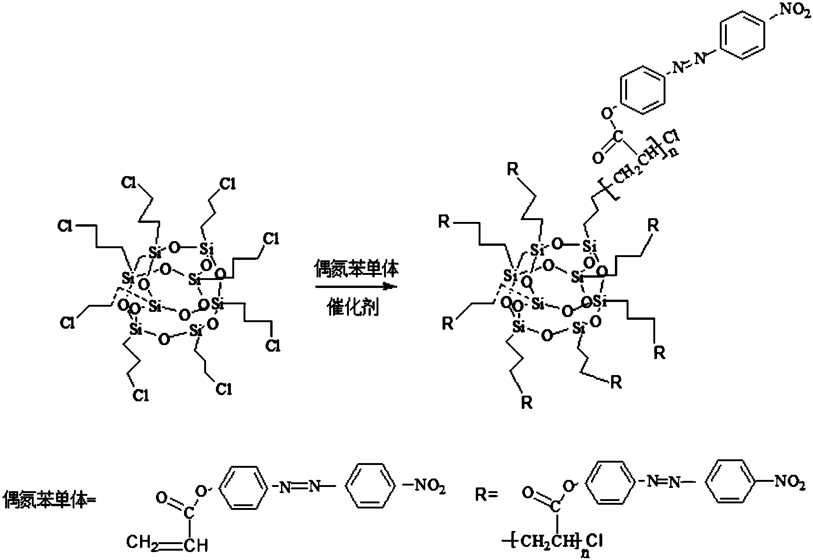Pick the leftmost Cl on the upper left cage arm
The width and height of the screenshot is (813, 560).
(65, 226)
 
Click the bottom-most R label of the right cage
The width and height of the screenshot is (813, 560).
(527, 403)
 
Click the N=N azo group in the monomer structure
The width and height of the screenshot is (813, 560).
(300, 488)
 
